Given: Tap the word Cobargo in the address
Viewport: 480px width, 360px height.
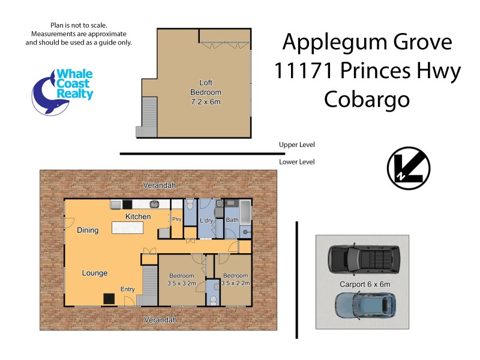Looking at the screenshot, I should click(x=367, y=99).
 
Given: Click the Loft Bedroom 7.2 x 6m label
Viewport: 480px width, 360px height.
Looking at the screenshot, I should click(x=205, y=92).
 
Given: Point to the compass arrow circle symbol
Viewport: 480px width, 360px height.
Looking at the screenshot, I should click(x=408, y=167).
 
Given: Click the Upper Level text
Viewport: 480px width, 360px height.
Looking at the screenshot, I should click(x=296, y=145).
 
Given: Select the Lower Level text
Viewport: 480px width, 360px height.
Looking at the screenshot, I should click(x=296, y=162).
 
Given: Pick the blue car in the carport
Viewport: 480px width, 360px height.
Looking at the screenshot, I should click(x=365, y=305).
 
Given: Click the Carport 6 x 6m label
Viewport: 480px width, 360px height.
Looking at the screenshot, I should click(x=361, y=284).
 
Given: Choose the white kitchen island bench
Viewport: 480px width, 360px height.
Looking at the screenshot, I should click(x=128, y=228).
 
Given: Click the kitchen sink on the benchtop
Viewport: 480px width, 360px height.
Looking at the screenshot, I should click(x=154, y=204).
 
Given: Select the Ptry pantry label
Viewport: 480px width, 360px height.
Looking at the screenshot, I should click(x=176, y=220).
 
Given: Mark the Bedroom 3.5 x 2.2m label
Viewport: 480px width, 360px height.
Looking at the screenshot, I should click(x=236, y=280).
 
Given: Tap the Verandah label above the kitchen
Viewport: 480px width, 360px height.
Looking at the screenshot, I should click(x=159, y=186).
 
